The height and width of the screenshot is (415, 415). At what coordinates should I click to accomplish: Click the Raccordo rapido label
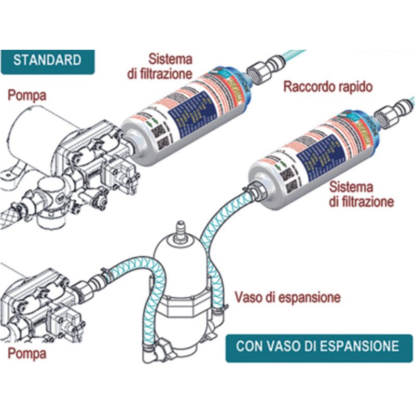(327, 87)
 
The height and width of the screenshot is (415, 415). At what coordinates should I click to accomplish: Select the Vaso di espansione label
(287, 297)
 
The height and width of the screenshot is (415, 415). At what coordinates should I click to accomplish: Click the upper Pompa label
(26, 95)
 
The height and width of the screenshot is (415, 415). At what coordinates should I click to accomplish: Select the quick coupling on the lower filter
(388, 114)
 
